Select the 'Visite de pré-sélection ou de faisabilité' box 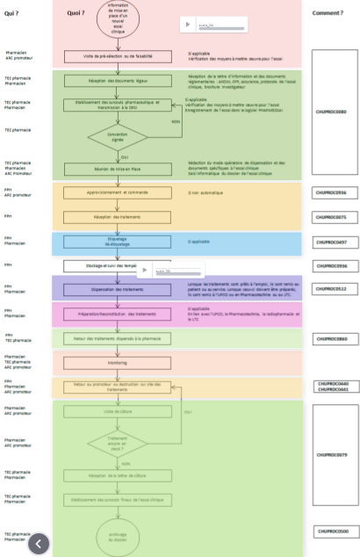pyautogui.click(x=118, y=57)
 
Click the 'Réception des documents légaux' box pyautogui.click(x=118, y=81)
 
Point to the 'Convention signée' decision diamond pyautogui.click(x=118, y=138)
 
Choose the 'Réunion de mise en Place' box pyautogui.click(x=118, y=166)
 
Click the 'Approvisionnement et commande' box pyautogui.click(x=118, y=192)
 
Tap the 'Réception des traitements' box pyautogui.click(x=118, y=216)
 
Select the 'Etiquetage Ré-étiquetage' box pyautogui.click(x=118, y=241)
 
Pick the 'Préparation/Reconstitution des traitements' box pyautogui.click(x=118, y=314)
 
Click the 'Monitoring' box pyautogui.click(x=118, y=362)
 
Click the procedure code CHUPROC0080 pyautogui.click(x=331, y=112)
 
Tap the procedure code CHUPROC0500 pyautogui.click(x=331, y=532)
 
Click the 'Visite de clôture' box pyautogui.click(x=118, y=410)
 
